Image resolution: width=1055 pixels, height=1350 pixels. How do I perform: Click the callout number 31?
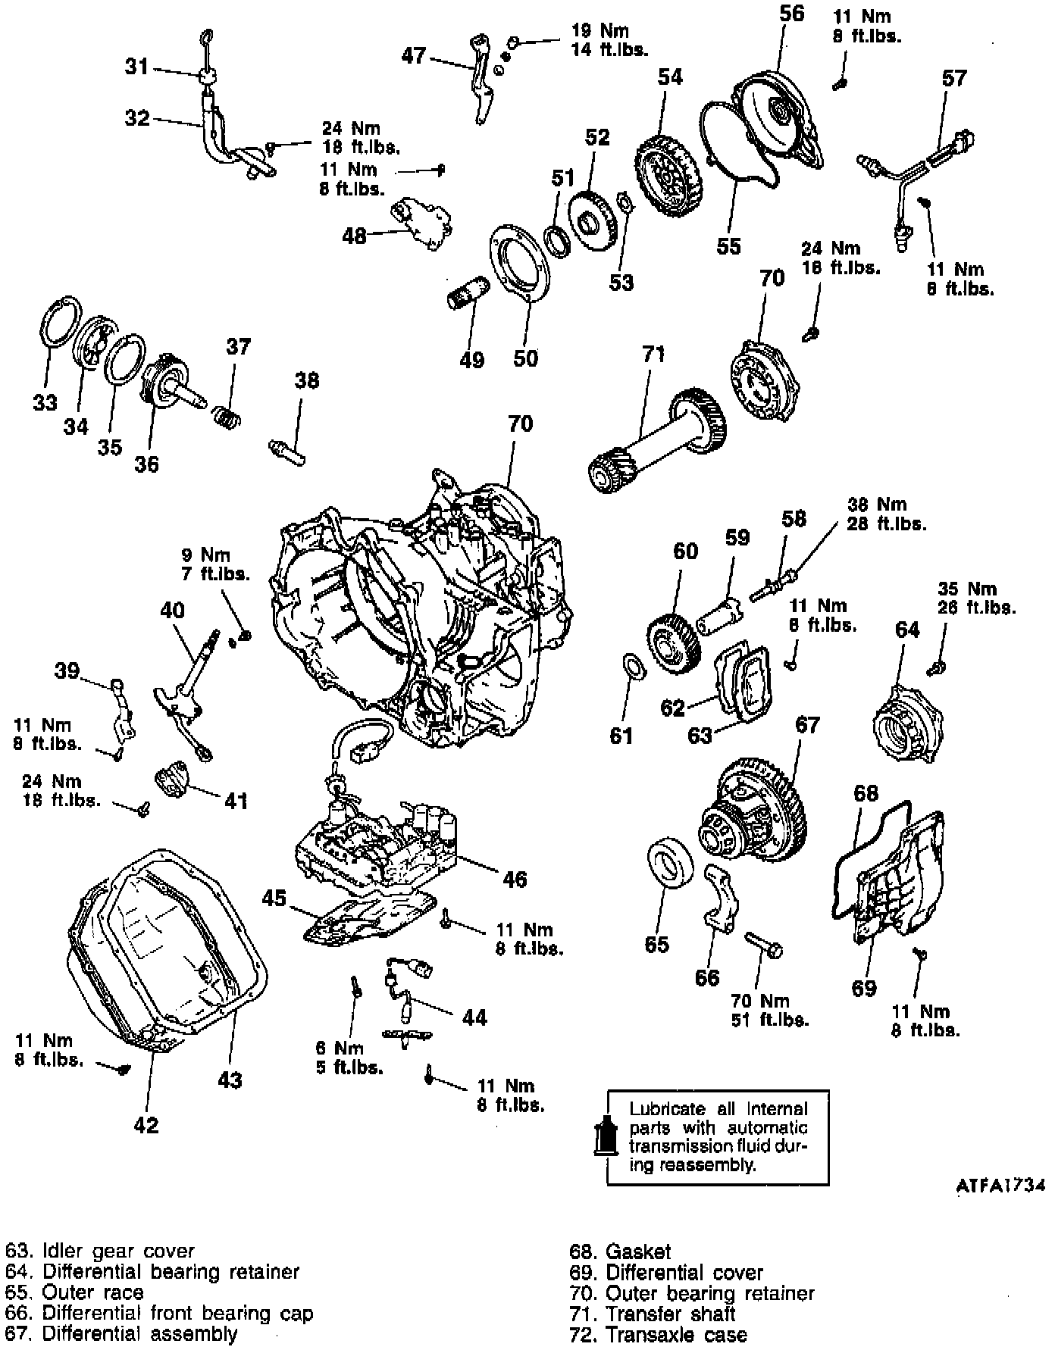(137, 67)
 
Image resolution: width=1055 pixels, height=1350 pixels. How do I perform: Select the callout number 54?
(670, 77)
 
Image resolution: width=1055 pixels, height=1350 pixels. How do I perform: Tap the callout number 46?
(515, 879)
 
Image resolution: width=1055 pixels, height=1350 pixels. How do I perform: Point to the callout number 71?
(653, 354)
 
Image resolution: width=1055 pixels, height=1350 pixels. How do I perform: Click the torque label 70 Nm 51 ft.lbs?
(770, 1010)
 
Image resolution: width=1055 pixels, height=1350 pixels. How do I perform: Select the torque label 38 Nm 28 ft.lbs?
(886, 513)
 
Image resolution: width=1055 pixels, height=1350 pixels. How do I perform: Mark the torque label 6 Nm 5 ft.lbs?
(349, 1058)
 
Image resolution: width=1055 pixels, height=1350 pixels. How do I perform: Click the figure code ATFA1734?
(1001, 1206)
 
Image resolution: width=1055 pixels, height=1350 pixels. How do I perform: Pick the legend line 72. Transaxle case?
(658, 1334)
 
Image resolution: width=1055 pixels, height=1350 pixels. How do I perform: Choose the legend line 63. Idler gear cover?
(99, 1252)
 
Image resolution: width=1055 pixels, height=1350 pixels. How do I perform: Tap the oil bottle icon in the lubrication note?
(606, 1133)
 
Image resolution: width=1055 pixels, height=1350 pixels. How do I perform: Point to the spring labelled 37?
(225, 415)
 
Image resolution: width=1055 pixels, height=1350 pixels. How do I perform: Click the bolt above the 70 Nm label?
(764, 944)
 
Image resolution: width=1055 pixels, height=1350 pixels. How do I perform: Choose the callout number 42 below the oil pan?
(147, 1125)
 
